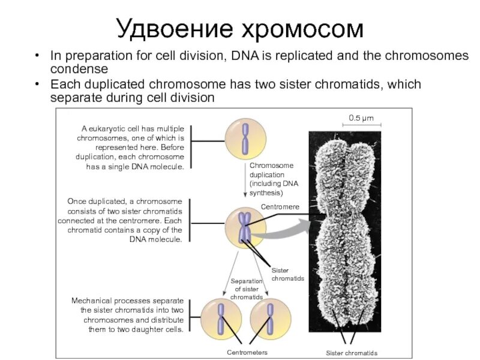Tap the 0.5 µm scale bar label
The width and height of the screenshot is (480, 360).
pos(361,118)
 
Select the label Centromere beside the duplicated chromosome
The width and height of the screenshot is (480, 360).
pos(280,206)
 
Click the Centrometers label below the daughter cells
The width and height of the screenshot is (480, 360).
pos(247,352)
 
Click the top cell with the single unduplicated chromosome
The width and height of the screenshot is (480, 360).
pos(245,138)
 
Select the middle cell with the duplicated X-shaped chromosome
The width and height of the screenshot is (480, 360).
pos(245,227)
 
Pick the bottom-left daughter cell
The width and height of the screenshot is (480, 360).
pos(220,318)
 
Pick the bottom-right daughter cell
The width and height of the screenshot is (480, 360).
pos(269,318)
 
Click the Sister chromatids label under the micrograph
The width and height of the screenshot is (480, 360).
pos(352,352)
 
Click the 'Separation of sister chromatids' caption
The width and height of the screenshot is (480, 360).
pos(247,289)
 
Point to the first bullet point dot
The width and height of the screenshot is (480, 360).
pos(38,56)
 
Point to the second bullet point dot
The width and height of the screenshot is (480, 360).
pos(38,84)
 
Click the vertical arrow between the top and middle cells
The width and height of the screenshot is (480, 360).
pos(245,179)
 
